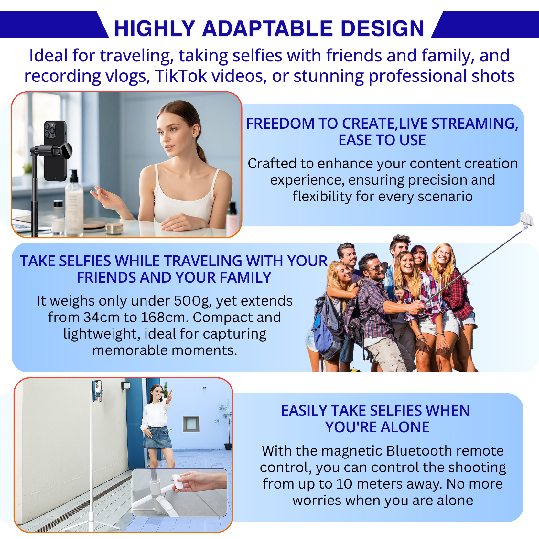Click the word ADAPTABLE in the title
(x=268, y=28)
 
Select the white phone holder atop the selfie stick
(x=526, y=220)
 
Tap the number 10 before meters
(x=344, y=484)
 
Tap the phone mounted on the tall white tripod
(x=97, y=391)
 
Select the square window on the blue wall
(x=191, y=424)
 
